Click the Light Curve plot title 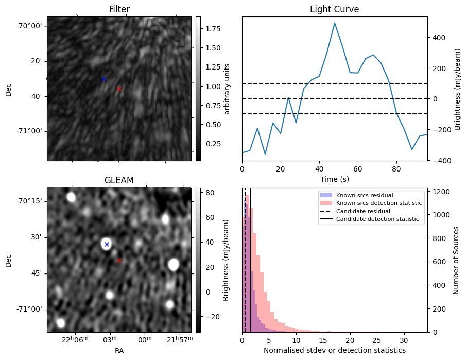coord(334,9)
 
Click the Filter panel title coord(119,9)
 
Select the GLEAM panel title coord(119,180)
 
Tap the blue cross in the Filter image coord(103,79)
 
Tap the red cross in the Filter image coord(119,89)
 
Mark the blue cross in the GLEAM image coord(107,244)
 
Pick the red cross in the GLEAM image coord(119,261)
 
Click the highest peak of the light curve coord(335,23)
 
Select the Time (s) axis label coord(334,178)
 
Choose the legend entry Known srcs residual coord(365,196)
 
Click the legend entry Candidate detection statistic coord(377,219)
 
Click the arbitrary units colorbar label coord(227,89)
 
